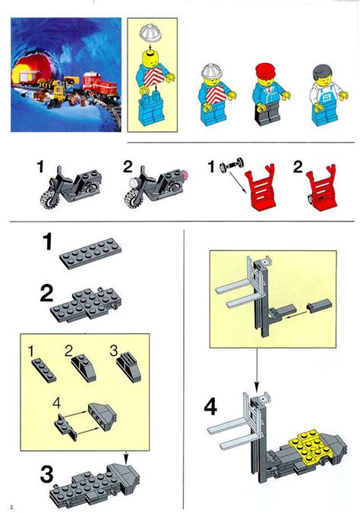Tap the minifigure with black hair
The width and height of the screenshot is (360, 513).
click(x=321, y=95)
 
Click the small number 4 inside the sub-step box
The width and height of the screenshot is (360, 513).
click(x=57, y=399)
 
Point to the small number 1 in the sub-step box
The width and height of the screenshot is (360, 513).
click(x=31, y=351)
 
